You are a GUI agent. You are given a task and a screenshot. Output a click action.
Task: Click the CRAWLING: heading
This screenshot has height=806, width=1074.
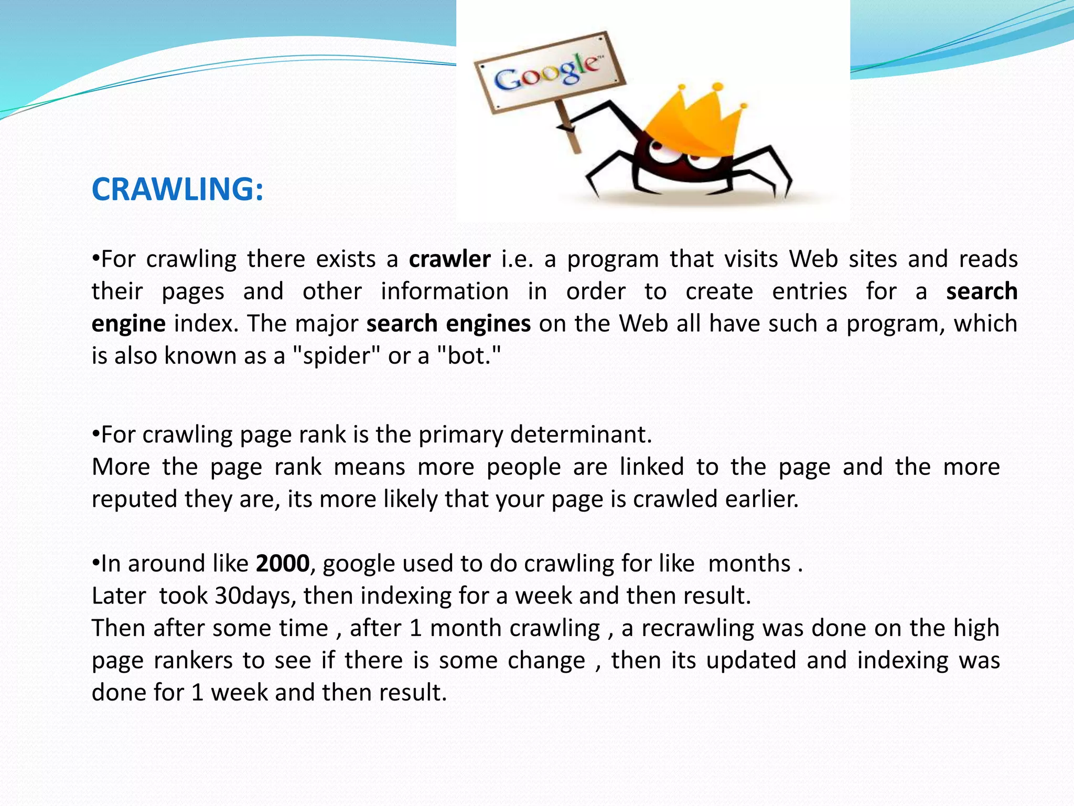coord(177,189)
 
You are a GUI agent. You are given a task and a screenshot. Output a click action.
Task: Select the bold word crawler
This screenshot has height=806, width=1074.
coord(449,259)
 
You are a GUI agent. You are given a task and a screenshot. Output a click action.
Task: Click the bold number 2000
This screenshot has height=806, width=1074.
coord(283,564)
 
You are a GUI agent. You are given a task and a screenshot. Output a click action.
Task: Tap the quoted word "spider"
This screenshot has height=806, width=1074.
coord(335,356)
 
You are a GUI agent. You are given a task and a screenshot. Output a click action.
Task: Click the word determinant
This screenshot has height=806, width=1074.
coord(581,435)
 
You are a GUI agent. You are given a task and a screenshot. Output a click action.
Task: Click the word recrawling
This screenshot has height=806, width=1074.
coord(697,628)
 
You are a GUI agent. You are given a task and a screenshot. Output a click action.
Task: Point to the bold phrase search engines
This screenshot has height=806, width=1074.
coord(448,324)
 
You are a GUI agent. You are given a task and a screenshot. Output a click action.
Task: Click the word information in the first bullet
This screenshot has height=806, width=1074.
coord(445,292)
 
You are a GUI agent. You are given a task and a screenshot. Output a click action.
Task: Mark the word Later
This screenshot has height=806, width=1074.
coord(119,596)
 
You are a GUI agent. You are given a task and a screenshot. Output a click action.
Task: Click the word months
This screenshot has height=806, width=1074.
coord(749,564)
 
